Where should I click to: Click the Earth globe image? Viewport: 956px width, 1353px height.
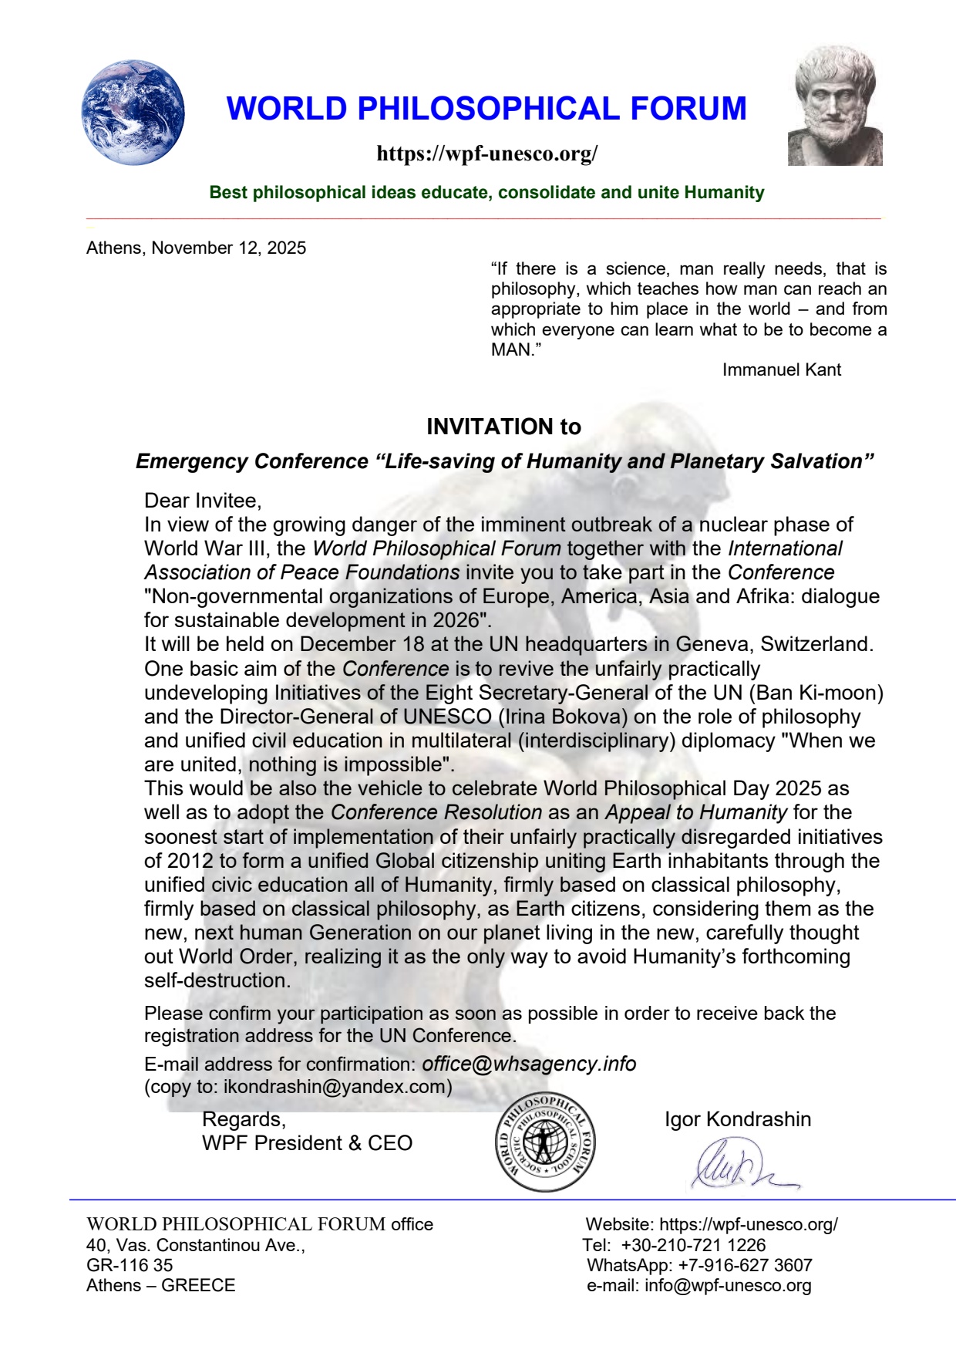coord(133,113)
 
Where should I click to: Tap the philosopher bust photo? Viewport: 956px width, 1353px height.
coord(835,106)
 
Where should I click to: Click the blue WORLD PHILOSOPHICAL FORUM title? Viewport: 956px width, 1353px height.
coord(486,109)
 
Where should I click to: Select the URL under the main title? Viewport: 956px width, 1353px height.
coord(486,154)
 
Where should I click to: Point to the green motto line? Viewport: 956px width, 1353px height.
coord(486,192)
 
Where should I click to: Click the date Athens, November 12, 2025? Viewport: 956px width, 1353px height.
coord(196,248)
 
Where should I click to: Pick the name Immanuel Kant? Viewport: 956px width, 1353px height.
coord(781,369)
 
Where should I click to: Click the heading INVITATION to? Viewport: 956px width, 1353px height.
coord(503,427)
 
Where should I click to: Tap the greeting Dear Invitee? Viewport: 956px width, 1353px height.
coord(203,501)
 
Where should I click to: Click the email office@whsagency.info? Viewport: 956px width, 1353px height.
coord(529,1064)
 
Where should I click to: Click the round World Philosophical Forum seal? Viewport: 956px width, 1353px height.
coord(544,1142)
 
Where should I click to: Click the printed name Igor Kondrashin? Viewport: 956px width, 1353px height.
coord(738,1119)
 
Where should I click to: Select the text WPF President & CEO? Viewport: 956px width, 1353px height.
coord(307,1143)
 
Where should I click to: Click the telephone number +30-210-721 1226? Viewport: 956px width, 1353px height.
coord(693,1245)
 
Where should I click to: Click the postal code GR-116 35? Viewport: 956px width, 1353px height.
coord(130,1265)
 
